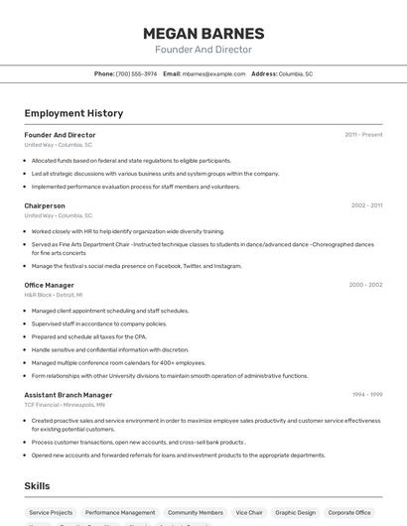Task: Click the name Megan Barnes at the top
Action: click(x=203, y=33)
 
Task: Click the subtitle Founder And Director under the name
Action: click(x=203, y=50)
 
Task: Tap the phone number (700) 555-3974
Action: click(x=136, y=73)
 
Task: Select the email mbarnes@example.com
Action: click(x=213, y=73)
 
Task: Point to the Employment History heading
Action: click(x=73, y=114)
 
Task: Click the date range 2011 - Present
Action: click(x=363, y=134)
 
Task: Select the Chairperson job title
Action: click(x=45, y=205)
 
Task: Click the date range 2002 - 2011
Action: click(x=366, y=205)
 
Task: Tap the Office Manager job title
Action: click(x=49, y=285)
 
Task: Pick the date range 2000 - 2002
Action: click(x=365, y=285)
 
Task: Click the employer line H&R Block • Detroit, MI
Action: click(x=54, y=295)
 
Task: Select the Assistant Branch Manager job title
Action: click(x=68, y=394)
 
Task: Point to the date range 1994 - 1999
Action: click(x=366, y=394)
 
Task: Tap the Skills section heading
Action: click(x=38, y=485)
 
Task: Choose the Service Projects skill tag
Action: click(x=51, y=512)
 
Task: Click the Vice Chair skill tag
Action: click(x=248, y=512)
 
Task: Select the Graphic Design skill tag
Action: click(x=295, y=512)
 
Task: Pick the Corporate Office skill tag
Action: click(x=350, y=512)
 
